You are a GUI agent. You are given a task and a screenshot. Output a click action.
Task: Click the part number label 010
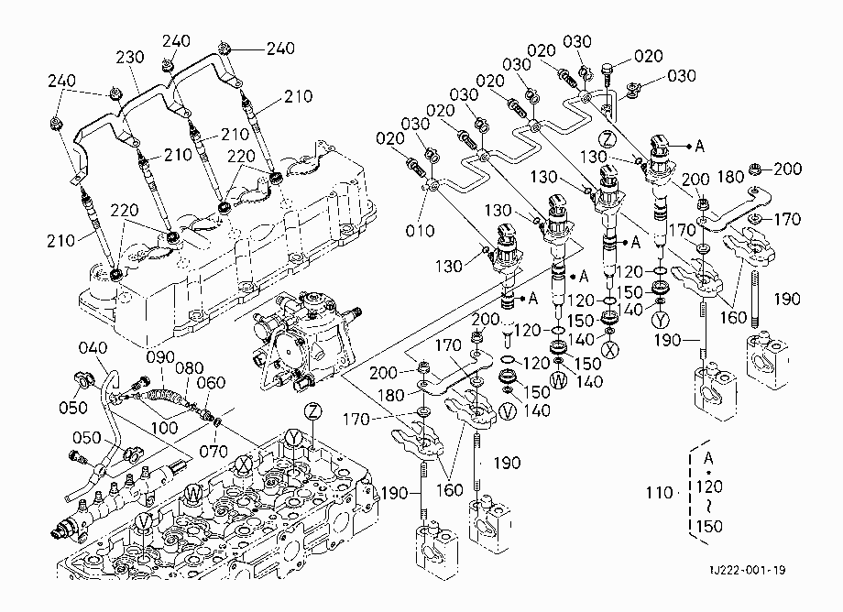pyautogui.click(x=420, y=231)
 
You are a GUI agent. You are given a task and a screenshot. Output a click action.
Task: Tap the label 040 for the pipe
pyautogui.click(x=93, y=347)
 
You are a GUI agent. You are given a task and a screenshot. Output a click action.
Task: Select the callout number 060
pyautogui.click(x=211, y=383)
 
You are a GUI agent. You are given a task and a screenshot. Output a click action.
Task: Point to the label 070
pyautogui.click(x=213, y=451)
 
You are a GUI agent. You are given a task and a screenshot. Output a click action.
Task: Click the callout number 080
pyautogui.click(x=190, y=367)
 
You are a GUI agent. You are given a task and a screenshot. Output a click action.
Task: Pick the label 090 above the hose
pyautogui.click(x=160, y=356)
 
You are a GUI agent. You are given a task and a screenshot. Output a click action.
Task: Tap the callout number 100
pyautogui.click(x=164, y=428)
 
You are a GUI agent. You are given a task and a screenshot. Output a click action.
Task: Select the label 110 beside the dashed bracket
pyautogui.click(x=659, y=492)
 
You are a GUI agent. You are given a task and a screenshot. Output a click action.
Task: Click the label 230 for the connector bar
pyautogui.click(x=130, y=57)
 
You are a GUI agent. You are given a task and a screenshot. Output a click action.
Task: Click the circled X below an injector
pyautogui.click(x=609, y=350)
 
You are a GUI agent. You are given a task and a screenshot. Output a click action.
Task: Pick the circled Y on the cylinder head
pyautogui.click(x=293, y=437)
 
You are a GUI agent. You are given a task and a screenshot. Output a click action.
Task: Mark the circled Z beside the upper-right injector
pyautogui.click(x=608, y=139)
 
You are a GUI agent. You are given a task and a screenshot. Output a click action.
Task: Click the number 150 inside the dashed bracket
pyautogui.click(x=709, y=526)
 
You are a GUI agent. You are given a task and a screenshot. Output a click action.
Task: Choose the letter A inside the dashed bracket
pyautogui.click(x=708, y=458)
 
